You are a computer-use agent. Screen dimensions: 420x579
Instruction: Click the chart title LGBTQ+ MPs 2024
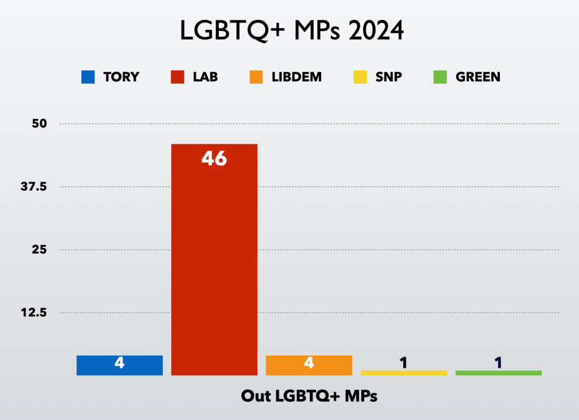(292, 31)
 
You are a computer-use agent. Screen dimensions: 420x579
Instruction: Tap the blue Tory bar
(119, 365)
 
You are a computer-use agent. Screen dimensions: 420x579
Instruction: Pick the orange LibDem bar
(309, 365)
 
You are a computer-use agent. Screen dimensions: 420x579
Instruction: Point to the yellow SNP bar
(404, 373)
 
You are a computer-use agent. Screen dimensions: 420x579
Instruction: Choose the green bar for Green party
(498, 373)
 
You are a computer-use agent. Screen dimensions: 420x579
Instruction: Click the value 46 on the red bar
(214, 159)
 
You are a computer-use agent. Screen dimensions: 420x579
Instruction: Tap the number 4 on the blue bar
(119, 363)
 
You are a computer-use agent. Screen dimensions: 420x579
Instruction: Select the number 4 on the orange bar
(309, 363)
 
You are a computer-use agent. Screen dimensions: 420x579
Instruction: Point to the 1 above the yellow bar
(404, 362)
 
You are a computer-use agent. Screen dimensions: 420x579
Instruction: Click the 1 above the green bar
(498, 362)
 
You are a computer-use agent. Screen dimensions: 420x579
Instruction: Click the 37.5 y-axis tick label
(34, 187)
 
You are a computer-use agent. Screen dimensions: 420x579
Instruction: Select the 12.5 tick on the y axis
(34, 312)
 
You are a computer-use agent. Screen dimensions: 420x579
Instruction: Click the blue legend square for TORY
(88, 77)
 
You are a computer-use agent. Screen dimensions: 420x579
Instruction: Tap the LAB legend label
(205, 77)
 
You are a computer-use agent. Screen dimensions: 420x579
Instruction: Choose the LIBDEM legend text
(296, 77)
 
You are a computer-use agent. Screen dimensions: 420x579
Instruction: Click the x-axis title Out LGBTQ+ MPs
(309, 396)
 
